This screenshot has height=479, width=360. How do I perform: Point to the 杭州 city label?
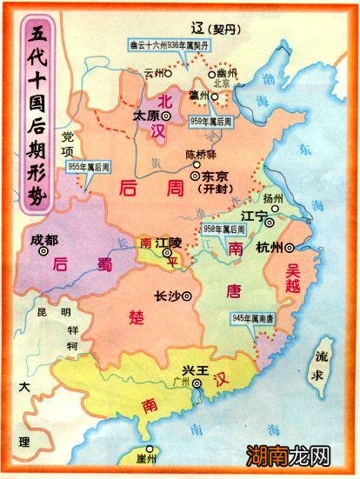pos(270,248)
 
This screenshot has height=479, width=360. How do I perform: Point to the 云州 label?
pos(155,74)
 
